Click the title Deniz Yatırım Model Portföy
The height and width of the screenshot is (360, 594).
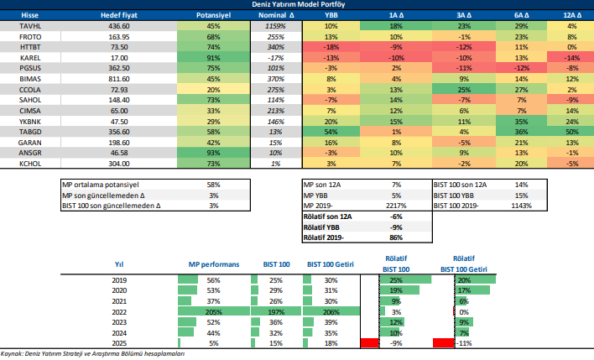tap(296, 4)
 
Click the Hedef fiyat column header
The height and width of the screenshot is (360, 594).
tap(118, 15)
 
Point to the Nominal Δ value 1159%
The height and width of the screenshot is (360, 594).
tap(275, 27)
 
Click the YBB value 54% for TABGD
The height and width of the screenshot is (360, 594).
tap(331, 132)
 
